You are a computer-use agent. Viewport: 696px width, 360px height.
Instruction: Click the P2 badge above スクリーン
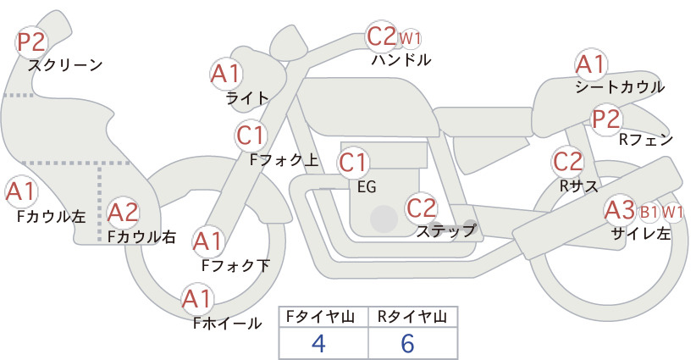point(32,41)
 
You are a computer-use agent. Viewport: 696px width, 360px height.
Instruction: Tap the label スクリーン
point(64,64)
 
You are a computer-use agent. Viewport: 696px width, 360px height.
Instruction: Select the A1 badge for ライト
point(225,74)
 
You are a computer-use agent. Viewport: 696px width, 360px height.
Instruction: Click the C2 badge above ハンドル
point(381,36)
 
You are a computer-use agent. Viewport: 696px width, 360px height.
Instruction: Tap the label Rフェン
point(646,139)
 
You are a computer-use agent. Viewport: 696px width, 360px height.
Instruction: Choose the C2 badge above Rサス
point(567,161)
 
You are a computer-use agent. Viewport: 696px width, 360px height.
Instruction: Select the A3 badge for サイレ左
point(619,209)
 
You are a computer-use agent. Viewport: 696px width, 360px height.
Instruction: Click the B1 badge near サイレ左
point(649,211)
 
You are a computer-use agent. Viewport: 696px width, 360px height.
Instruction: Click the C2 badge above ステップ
point(421,207)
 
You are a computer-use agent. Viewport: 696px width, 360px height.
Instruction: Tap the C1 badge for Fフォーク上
point(252,135)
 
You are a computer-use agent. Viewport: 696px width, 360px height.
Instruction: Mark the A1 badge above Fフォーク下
point(208,242)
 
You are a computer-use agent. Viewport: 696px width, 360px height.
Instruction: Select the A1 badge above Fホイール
point(197,299)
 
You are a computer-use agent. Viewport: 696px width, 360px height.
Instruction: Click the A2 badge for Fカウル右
point(122,213)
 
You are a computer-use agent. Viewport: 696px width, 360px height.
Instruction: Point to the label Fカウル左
point(51,216)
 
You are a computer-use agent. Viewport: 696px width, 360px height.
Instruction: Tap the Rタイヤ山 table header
point(412,317)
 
